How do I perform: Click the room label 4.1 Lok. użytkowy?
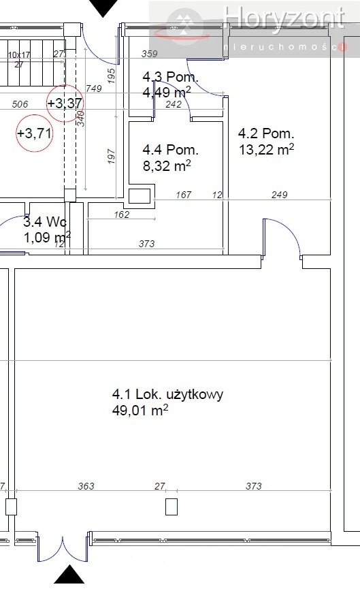click(167, 394)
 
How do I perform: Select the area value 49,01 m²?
click(140, 411)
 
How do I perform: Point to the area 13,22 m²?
click(266, 149)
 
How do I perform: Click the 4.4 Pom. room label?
click(170, 149)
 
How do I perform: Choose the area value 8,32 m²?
click(166, 165)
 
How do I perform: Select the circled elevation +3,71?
click(34, 133)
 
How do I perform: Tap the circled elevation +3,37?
click(65, 103)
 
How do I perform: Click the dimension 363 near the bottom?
click(86, 486)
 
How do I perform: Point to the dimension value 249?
click(279, 195)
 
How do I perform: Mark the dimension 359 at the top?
click(148, 53)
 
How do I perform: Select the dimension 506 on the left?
click(20, 104)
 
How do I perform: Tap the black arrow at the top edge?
click(104, 7)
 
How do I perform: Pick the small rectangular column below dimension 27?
click(171, 507)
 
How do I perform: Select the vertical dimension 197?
click(112, 157)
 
